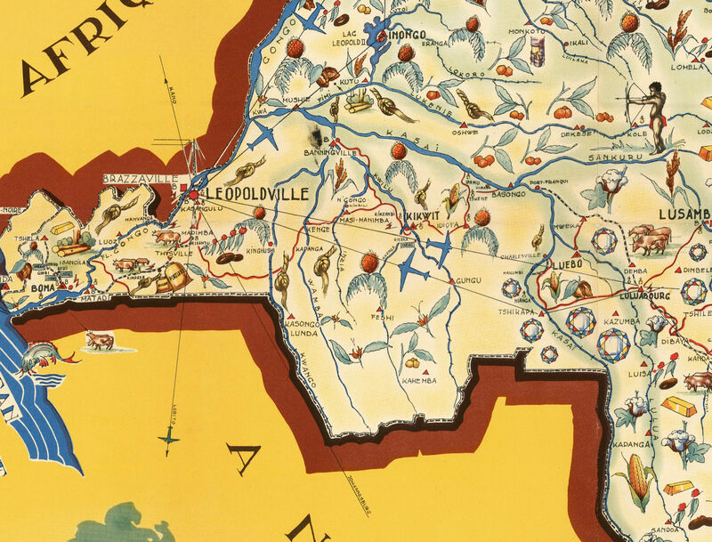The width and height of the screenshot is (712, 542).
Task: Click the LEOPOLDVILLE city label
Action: tap(258, 193)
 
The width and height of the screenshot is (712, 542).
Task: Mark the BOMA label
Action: tap(43, 287)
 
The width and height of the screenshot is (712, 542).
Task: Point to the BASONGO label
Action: tap(506, 193)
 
